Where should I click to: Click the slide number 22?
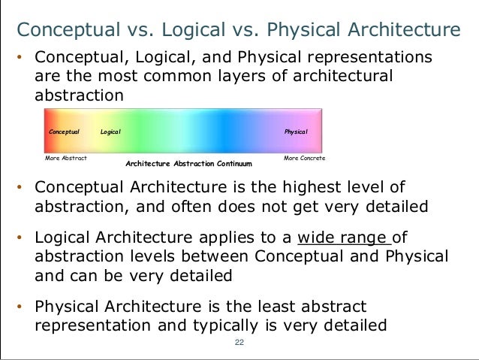tap(239, 342)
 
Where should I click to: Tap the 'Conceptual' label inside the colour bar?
tap(64, 132)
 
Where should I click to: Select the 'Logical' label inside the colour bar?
tap(110, 132)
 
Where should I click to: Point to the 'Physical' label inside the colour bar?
tap(296, 132)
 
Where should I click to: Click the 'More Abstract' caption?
tap(66, 159)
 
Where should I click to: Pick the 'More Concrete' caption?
tap(304, 159)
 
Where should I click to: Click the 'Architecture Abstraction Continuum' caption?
tap(188, 163)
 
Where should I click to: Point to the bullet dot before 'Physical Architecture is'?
tap(22, 307)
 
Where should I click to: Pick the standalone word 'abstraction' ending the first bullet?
tap(77, 95)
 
